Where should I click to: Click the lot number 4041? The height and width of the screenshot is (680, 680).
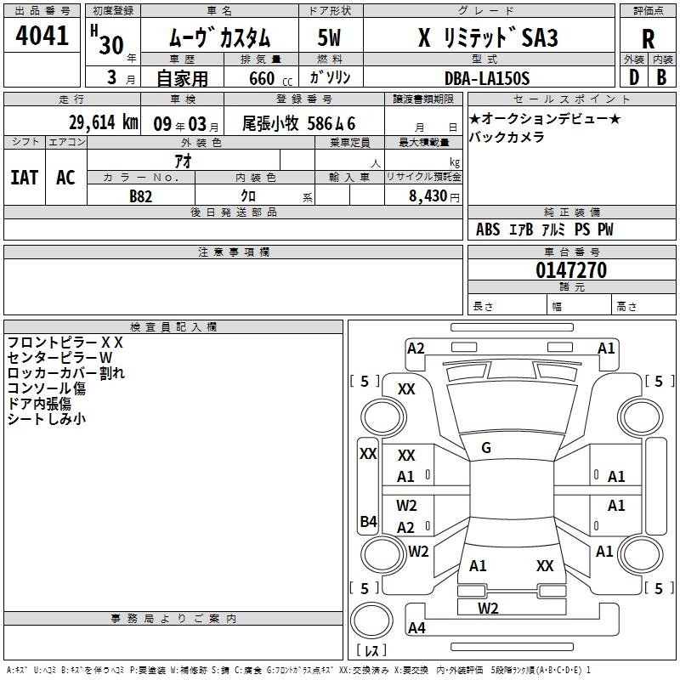click(42, 36)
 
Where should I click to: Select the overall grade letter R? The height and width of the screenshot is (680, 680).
click(648, 39)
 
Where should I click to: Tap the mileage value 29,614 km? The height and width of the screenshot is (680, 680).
click(104, 122)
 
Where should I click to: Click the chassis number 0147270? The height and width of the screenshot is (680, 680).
click(571, 269)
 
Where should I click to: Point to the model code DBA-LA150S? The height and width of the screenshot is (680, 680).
click(487, 78)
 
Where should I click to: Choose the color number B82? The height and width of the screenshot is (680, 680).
click(141, 196)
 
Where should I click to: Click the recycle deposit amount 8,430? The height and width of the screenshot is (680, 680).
click(428, 196)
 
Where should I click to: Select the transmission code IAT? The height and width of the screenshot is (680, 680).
click(25, 178)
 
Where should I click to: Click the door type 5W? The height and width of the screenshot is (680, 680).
click(329, 37)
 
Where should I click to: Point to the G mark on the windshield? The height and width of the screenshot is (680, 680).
click(486, 448)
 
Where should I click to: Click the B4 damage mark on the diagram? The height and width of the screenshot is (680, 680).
click(369, 521)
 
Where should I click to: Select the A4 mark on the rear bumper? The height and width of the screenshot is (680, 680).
click(416, 627)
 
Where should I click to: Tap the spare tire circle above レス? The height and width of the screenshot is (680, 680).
click(371, 620)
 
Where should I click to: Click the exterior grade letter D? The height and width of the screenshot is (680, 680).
click(634, 77)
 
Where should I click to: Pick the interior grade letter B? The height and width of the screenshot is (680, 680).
click(661, 77)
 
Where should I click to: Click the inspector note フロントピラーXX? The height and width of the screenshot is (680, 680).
click(65, 343)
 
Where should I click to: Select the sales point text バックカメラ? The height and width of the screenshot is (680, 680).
click(507, 137)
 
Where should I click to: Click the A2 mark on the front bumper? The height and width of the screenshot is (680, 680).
click(416, 348)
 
